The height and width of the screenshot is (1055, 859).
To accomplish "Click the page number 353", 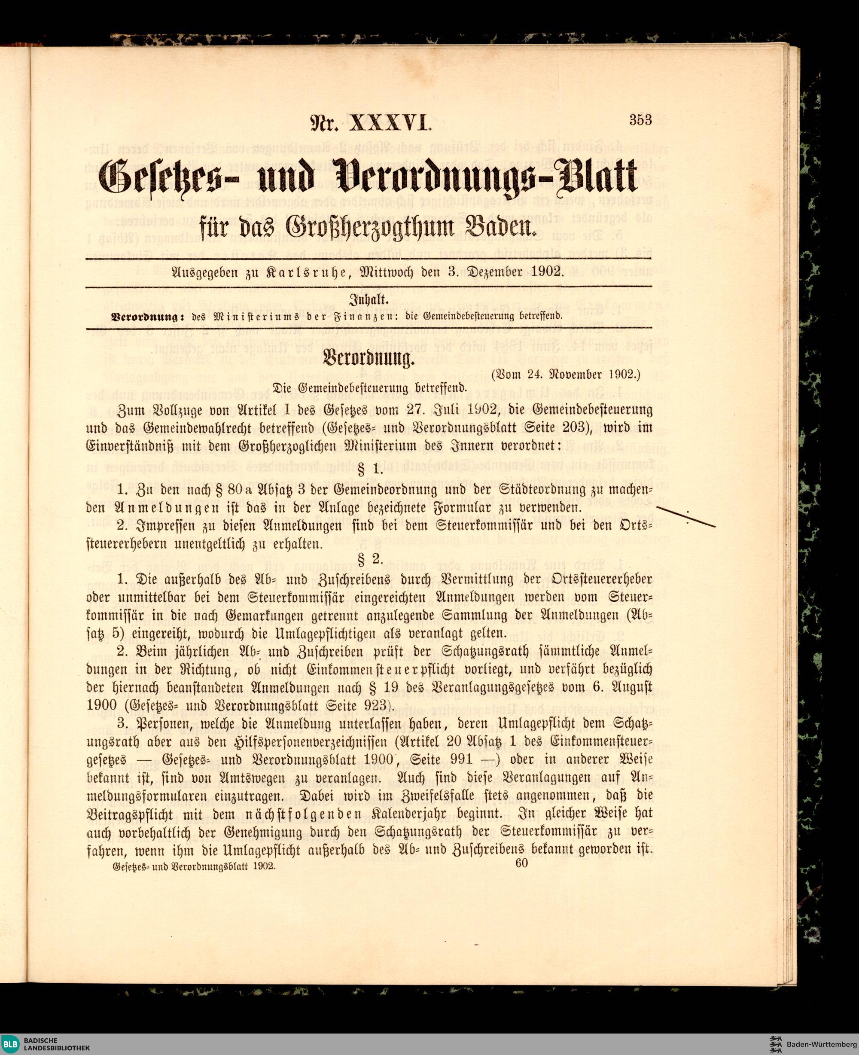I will pos(641,120).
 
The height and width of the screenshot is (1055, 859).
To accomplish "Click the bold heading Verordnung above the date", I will pos(369,359).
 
